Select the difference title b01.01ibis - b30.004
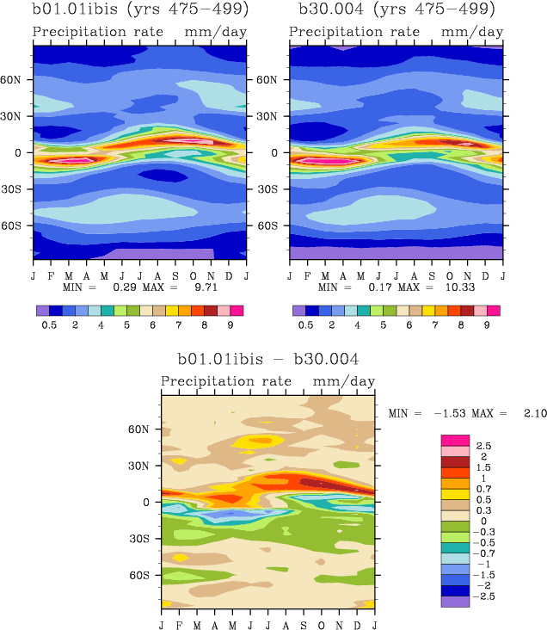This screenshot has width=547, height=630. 267,359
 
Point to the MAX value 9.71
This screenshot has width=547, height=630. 193,286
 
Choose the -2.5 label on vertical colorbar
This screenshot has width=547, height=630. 486,596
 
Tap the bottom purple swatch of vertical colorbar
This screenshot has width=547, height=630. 455,602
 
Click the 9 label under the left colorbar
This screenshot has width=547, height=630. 230,326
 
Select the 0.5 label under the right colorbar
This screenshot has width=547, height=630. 305,326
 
